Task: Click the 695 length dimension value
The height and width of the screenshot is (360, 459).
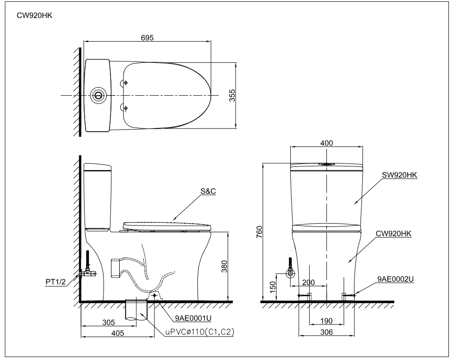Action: tap(147, 38)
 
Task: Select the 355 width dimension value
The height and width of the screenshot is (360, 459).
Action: tap(232, 95)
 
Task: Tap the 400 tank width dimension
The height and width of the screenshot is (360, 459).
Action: tap(326, 143)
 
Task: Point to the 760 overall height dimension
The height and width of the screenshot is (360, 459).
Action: tap(259, 232)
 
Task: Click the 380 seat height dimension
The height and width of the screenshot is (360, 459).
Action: tap(224, 266)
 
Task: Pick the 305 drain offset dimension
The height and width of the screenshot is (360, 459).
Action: tap(109, 323)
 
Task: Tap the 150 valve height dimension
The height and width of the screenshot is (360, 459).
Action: tap(273, 287)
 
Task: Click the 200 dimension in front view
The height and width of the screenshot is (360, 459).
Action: tap(308, 282)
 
